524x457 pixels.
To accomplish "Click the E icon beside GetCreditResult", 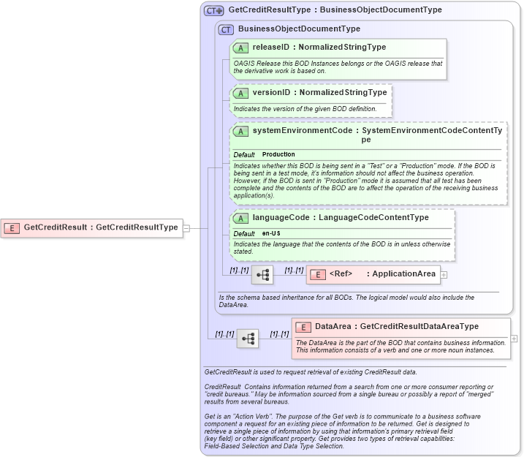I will coord(12,227).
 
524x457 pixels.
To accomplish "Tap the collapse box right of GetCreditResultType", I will coord(186,227).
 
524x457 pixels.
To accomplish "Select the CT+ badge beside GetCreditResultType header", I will coord(213,11).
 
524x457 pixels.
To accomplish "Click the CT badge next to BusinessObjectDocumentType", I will coord(226,29).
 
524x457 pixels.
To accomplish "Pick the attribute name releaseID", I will coord(270,48).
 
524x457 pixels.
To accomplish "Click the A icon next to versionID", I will coord(240,93).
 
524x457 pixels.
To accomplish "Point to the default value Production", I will coord(278,155).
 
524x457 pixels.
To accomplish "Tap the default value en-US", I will coord(271,233).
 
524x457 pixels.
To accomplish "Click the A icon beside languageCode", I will coord(240,218).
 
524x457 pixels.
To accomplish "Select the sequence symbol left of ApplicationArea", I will coord(262,275).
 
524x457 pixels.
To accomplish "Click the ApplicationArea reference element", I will coord(372,274).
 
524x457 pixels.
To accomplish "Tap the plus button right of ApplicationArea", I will coord(444,275).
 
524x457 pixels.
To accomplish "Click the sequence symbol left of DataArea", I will coord(247,339).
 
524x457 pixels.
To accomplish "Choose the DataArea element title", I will coord(333,326).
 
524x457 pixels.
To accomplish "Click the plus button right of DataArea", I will coord(514,339).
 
